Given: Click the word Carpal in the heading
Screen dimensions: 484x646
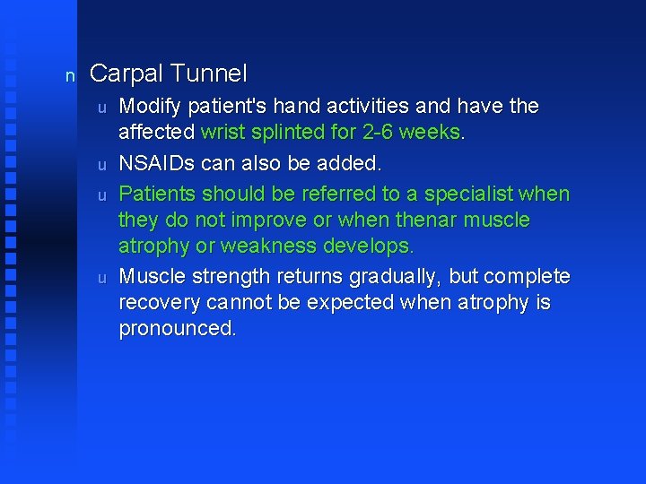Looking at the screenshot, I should pyautogui.click(x=126, y=73).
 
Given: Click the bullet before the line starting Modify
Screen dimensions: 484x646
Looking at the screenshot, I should pyautogui.click(x=102, y=108).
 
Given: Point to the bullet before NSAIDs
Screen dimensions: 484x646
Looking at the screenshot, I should pyautogui.click(x=102, y=166).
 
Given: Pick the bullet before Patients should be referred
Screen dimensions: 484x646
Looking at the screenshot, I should pyautogui.click(x=102, y=194).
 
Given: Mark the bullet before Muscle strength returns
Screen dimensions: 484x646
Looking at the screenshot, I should pyautogui.click(x=102, y=277).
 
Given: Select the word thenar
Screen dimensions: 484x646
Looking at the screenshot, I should pyautogui.click(x=424, y=220).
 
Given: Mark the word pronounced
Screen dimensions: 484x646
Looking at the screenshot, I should pyautogui.click(x=177, y=329).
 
